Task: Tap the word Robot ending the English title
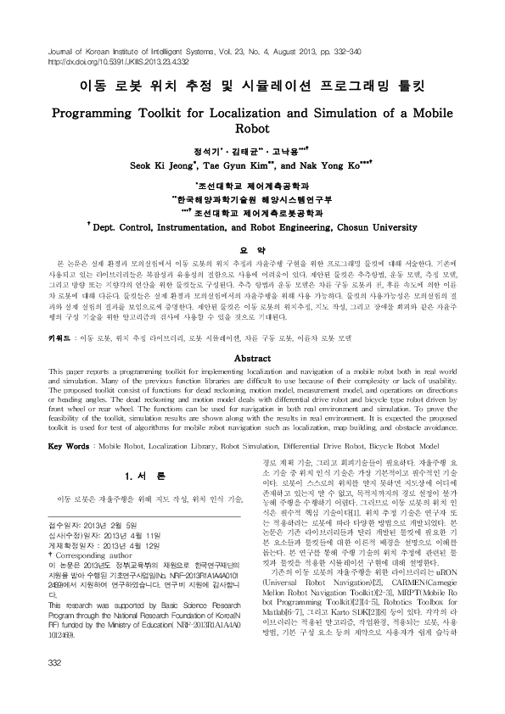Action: point(253,130)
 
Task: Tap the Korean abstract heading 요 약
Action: point(252,248)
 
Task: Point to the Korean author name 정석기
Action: point(205,150)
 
